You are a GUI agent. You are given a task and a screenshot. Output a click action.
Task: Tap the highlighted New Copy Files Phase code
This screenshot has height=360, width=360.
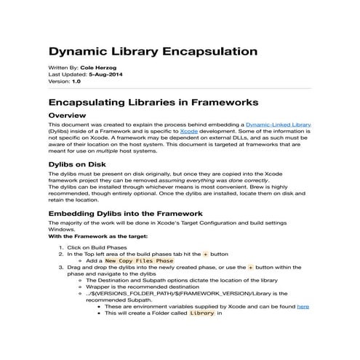pyautogui.click(x=139, y=260)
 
